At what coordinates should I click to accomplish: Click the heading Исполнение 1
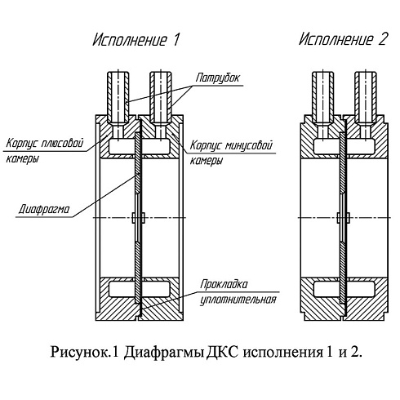(x=136, y=40)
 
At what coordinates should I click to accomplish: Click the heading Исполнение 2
(x=343, y=39)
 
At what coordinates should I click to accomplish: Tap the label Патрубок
(x=217, y=78)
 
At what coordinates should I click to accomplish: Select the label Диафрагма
(x=44, y=209)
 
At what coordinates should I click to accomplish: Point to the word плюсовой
(x=62, y=143)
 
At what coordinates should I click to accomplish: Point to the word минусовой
(x=249, y=145)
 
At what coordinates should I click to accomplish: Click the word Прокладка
(x=224, y=284)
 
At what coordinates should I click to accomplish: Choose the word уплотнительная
(x=238, y=300)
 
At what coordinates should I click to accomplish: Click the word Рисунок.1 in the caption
(x=85, y=352)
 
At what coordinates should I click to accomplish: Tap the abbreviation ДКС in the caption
(x=222, y=352)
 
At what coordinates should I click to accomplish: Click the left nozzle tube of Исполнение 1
(x=118, y=99)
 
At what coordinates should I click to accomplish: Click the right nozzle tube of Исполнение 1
(x=161, y=99)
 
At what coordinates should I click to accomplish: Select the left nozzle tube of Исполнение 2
(x=323, y=99)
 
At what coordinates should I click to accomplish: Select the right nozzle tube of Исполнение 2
(x=366, y=99)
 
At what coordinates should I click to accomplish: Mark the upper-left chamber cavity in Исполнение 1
(x=122, y=146)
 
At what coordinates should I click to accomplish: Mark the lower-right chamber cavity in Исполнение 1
(x=156, y=289)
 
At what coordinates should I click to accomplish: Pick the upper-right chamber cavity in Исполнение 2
(x=361, y=146)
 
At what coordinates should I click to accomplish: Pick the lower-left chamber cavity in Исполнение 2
(x=327, y=289)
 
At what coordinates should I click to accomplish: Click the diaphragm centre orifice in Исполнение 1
(x=139, y=218)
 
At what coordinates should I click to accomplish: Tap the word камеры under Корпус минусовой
(x=207, y=160)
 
